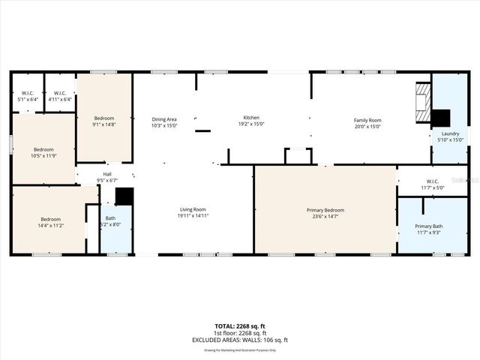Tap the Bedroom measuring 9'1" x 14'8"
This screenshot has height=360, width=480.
coord(103,121)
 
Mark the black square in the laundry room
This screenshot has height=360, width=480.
coord(440,118)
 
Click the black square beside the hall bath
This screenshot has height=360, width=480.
coord(124,196)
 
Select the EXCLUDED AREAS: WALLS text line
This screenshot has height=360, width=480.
coord(240,340)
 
